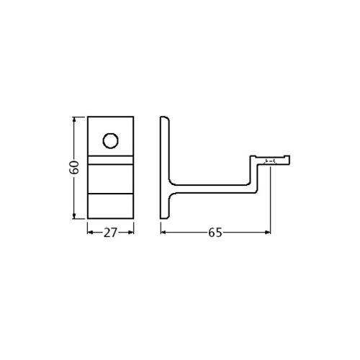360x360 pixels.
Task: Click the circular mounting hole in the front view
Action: tap(110, 140)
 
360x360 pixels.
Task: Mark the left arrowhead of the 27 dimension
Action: tap(90, 232)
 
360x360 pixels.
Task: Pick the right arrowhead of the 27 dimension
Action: tap(132, 232)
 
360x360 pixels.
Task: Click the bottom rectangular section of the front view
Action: tap(110, 207)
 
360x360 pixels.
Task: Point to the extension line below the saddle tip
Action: tap(271, 202)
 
